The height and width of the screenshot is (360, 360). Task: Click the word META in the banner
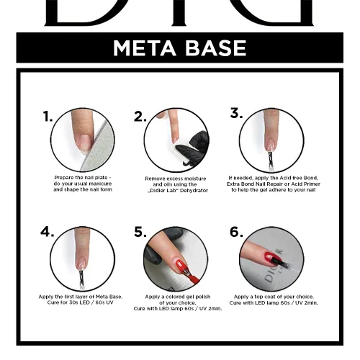[145, 48]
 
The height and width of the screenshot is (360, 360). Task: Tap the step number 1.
[48, 116]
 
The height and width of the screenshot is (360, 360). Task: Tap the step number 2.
[140, 117]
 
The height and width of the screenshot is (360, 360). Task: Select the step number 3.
[236, 113]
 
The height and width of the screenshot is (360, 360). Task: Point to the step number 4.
[47, 232]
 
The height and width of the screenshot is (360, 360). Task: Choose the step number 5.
[140, 232]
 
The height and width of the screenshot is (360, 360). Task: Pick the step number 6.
[236, 232]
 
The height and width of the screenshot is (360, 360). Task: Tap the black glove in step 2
[194, 149]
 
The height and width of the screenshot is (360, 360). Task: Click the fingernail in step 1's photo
[85, 143]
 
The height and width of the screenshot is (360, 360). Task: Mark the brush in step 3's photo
[271, 160]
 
